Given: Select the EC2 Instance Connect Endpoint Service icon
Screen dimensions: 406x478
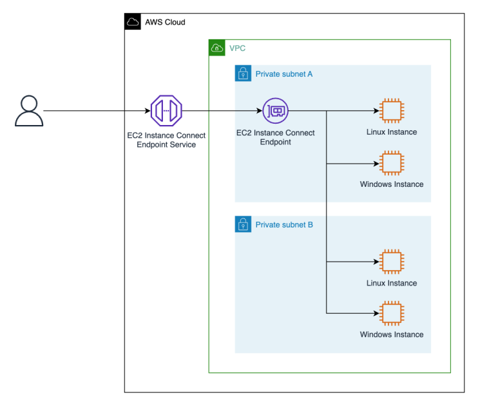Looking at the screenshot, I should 166,110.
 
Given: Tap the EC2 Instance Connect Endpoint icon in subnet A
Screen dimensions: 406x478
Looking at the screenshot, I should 276,110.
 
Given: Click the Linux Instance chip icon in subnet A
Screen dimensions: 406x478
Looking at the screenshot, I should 391,110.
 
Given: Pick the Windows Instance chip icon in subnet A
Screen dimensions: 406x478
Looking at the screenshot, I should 391,163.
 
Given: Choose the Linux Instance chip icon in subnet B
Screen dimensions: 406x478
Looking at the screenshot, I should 391,262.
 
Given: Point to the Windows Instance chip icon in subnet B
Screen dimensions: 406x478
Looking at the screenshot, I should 391,313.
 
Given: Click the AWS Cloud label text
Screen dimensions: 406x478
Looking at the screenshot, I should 165,23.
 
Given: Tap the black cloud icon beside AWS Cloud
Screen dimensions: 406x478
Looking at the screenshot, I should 133,22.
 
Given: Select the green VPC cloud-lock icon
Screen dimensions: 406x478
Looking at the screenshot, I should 217,48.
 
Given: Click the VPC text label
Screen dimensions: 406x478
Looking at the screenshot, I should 237,48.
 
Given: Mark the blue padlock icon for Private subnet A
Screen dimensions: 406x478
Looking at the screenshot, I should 243,73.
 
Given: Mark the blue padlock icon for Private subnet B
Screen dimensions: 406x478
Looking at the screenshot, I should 243,224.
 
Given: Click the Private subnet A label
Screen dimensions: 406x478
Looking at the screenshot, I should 284,74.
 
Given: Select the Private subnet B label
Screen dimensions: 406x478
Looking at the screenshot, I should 284,225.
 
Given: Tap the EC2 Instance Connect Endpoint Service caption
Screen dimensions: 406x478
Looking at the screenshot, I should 166,140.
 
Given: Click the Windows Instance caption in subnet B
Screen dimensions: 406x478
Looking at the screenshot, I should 391,334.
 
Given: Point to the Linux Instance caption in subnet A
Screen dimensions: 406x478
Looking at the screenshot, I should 391,132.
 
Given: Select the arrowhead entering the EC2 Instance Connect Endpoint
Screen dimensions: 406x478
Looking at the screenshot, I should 260,110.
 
